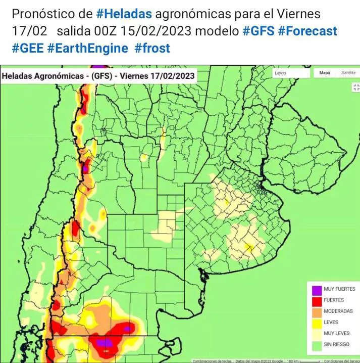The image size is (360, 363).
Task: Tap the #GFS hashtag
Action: [x=259, y=31]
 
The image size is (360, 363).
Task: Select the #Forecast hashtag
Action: [x=307, y=31]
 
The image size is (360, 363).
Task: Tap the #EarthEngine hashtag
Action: [x=88, y=48]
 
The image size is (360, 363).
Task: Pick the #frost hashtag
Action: [x=152, y=48]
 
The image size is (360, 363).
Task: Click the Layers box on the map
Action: [x=291, y=73]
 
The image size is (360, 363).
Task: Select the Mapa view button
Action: [x=325, y=73]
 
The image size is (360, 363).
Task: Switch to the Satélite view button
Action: [x=348, y=73]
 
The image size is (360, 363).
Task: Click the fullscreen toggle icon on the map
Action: [x=355, y=87]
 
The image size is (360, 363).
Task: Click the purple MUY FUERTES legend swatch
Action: [x=317, y=290]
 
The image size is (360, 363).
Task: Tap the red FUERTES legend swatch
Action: [x=317, y=301]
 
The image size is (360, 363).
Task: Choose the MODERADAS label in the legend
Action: [x=338, y=311]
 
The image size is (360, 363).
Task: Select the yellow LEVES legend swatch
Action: [x=317, y=323]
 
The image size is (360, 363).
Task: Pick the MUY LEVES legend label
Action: [x=336, y=334]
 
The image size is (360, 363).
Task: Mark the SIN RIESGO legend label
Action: [x=337, y=344]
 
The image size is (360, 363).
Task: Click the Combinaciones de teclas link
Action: [x=212, y=361]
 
